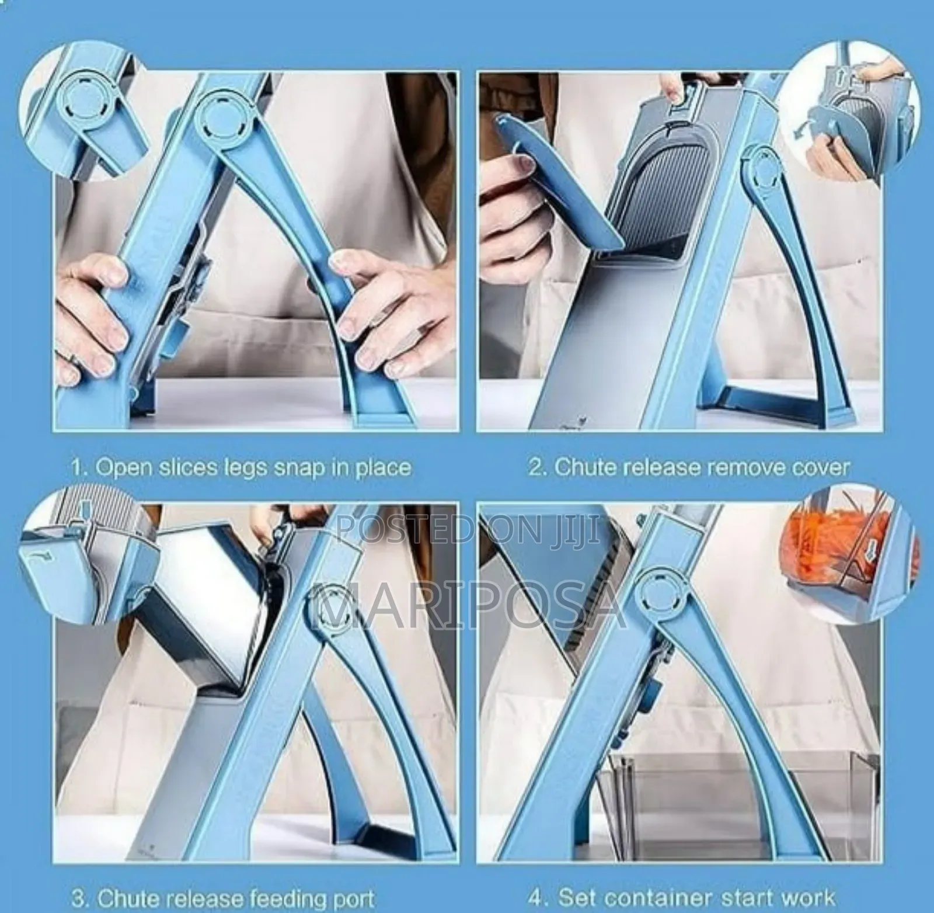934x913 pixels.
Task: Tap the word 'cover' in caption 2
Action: [821, 467]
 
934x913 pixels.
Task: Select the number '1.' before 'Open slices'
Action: [80, 468]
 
